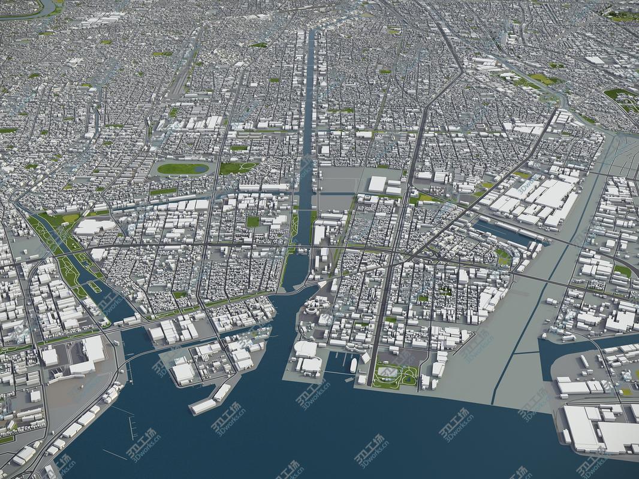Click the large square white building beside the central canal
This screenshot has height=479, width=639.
coord(377,184)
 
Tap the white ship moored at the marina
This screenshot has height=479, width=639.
coord(354,365)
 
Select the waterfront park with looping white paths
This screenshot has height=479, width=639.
coord(393,376)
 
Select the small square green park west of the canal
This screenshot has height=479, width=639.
coord(253,222)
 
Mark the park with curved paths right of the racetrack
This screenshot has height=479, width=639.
coord(237,168)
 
